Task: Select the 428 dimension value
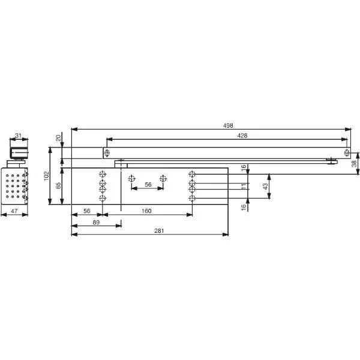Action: pos(226,136)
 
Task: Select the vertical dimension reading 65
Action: pos(58,186)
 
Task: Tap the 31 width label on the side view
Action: pos(19,136)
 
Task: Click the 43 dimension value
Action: pos(265,187)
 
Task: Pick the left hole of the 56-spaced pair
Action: pos(132,178)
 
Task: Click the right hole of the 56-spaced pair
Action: pos(163,178)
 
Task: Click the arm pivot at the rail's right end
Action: pos(332,160)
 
